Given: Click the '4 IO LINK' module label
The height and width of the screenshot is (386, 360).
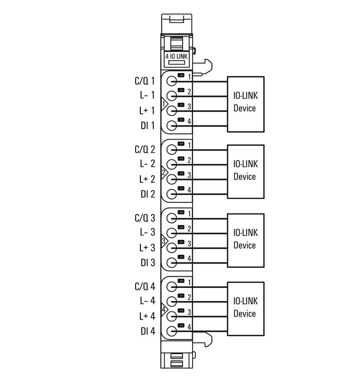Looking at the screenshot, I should [176, 56].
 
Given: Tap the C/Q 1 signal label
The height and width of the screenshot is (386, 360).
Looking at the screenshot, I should [145, 81].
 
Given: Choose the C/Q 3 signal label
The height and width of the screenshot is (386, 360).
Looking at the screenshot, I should [145, 218].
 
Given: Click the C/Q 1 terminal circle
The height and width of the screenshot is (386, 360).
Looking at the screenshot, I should [172, 82].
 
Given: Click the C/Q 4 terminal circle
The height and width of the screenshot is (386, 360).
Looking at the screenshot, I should [172, 287].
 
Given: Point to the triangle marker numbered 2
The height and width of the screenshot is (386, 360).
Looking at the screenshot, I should [164, 172].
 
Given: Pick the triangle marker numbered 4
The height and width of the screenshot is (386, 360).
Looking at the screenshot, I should [164, 309].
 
